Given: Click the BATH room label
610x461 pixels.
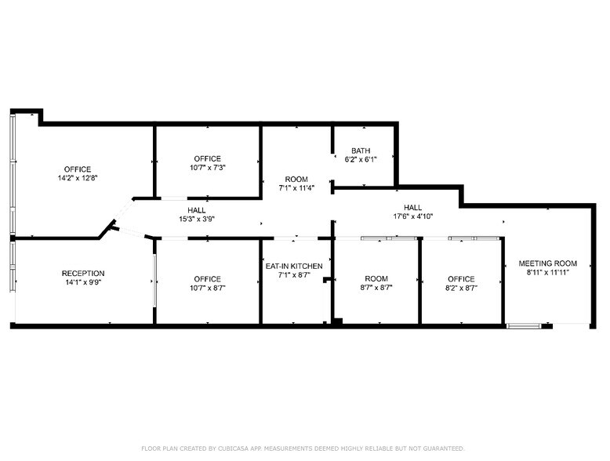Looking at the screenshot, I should [361, 151].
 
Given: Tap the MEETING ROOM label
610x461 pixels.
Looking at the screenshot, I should [547, 263].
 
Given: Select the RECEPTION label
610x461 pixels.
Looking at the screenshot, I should [83, 274].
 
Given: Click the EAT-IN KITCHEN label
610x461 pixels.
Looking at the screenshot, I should [295, 266].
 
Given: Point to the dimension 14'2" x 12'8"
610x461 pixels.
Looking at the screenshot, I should [78, 178].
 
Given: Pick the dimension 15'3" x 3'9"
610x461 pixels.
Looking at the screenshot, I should [197, 219].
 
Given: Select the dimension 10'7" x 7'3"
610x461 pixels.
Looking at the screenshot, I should [208, 168].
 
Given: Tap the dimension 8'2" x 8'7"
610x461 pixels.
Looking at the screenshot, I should [461, 289].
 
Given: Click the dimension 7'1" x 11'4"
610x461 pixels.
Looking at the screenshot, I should [296, 188].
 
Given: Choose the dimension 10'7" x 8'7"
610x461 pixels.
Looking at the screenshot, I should [208, 289].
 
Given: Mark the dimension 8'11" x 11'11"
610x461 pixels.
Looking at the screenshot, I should [547, 273].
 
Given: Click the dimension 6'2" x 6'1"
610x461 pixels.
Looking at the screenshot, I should [361, 160].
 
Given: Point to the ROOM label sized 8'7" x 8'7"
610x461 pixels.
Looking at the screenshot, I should [376, 279].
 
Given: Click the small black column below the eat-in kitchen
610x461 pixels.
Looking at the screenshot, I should [337, 321].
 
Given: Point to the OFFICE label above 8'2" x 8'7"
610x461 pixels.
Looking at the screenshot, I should [461, 279].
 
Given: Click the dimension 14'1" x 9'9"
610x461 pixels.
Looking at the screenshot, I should [83, 283].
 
